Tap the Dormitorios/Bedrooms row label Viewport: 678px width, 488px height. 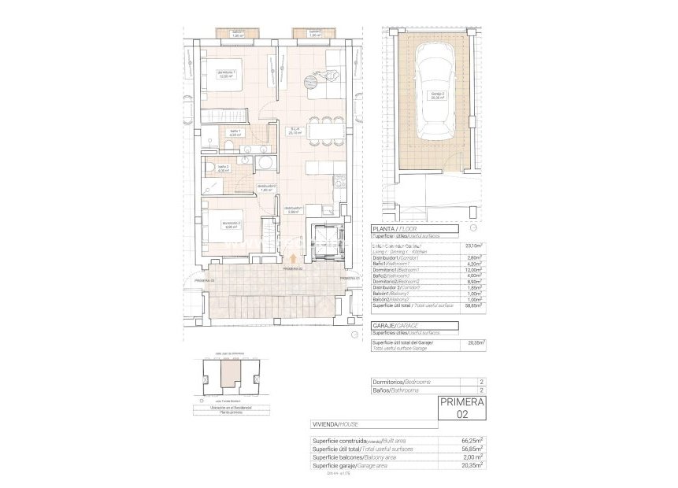pyautogui.click(x=401, y=382)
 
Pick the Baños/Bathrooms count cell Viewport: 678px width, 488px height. pyautogui.click(x=480, y=390)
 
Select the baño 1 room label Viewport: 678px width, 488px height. pyautogui.click(x=234, y=134)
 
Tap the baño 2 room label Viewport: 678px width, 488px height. pyautogui.click(x=223, y=168)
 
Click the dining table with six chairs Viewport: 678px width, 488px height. pyautogui.click(x=325, y=131)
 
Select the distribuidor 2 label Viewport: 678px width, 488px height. pyautogui.click(x=265, y=187)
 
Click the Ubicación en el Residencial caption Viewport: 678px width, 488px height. pyautogui.click(x=226, y=408)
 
